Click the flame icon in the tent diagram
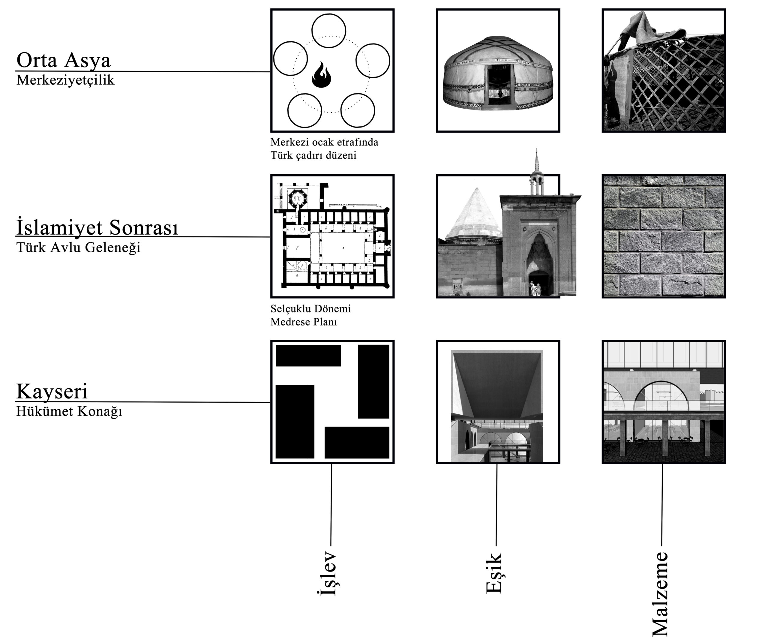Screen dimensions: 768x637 click(322, 75)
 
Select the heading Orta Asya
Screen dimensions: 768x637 click(64, 60)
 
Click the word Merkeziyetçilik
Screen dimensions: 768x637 click(65, 80)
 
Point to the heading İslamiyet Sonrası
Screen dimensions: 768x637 click(97, 227)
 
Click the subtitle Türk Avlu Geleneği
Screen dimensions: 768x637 click(79, 248)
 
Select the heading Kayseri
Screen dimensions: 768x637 click(52, 392)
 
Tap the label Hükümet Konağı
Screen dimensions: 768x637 click(69, 412)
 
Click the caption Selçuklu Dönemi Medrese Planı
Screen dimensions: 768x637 click(311, 315)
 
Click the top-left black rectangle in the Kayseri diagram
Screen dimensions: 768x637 click(308, 356)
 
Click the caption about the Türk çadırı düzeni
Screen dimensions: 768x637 click(324, 149)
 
